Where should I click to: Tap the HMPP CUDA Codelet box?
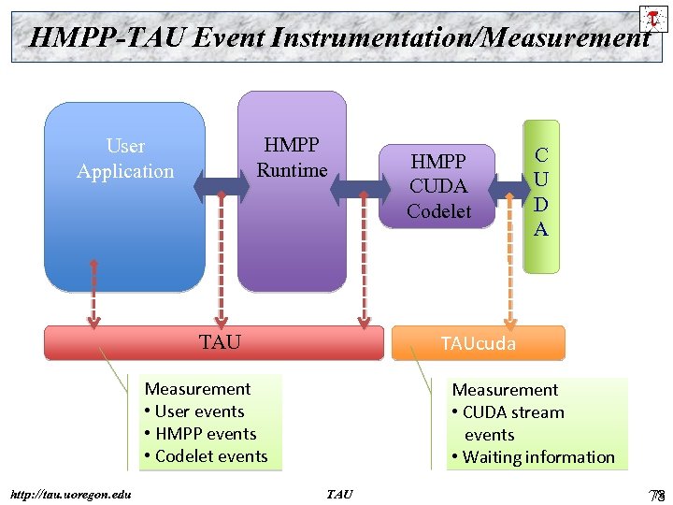click(438, 186)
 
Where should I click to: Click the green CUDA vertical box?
click(540, 195)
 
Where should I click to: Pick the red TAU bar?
click(215, 343)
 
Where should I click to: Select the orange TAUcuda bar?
click(479, 343)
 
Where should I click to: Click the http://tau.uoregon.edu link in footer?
click(70, 494)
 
